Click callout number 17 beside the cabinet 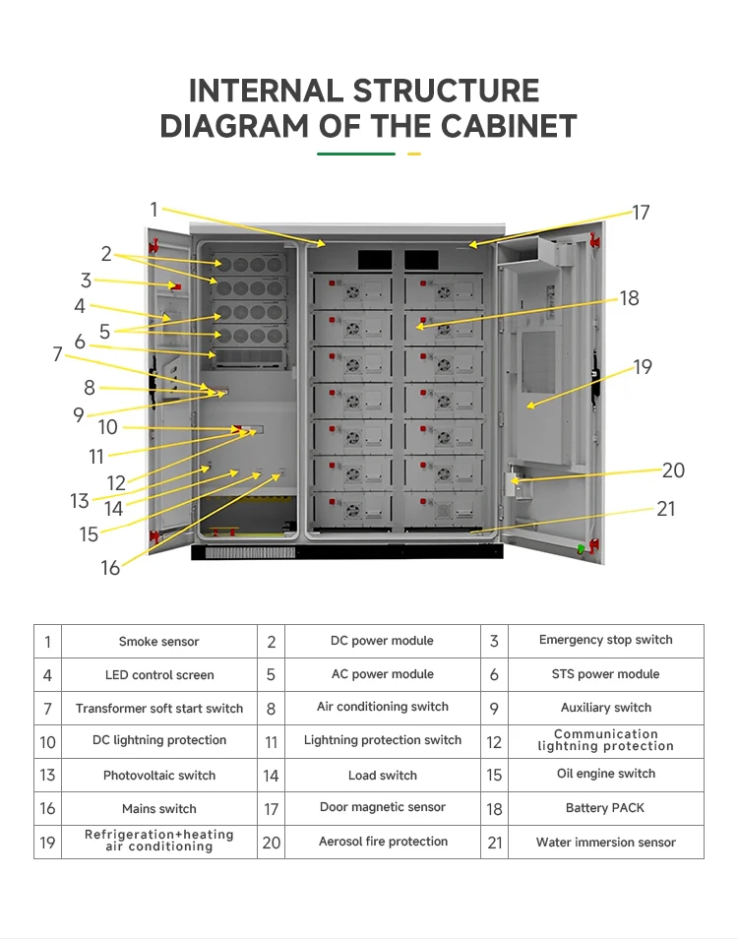point(641,213)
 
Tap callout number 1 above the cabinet point(154,209)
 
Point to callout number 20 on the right point(673,470)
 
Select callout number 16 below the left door point(110,567)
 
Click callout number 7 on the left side point(58,353)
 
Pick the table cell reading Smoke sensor point(158,642)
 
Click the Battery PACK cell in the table point(605,808)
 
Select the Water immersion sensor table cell point(605,843)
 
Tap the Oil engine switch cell point(605,775)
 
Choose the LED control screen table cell point(158,675)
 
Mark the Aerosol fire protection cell point(383,843)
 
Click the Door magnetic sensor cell point(383,808)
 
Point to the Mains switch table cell point(158,809)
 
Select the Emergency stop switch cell point(605,641)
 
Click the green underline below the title point(355,154)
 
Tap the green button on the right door point(581,547)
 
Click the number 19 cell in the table point(47,843)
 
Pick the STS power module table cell point(605,675)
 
